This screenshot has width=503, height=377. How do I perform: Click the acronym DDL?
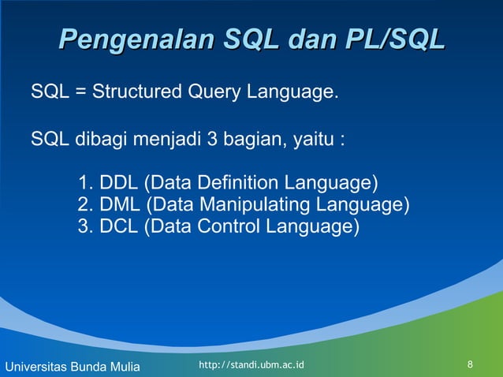point(119,185)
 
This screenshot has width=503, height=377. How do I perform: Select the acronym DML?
point(120,206)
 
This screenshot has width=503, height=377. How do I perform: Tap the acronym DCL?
point(119,227)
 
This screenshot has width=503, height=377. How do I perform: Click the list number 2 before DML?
point(84,206)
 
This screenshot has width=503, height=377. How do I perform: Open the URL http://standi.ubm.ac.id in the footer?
point(251,365)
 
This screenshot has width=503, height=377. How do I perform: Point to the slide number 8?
point(471,365)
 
